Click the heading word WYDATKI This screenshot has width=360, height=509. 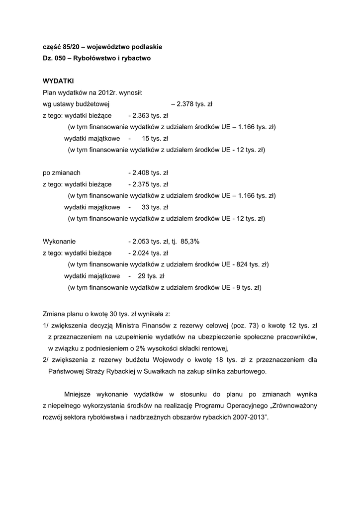(x=58, y=81)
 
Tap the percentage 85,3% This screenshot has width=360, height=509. (x=190, y=242)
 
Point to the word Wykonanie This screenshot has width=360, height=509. (x=59, y=242)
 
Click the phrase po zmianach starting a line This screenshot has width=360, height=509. (x=62, y=173)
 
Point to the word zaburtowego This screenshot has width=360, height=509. (x=248, y=371)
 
